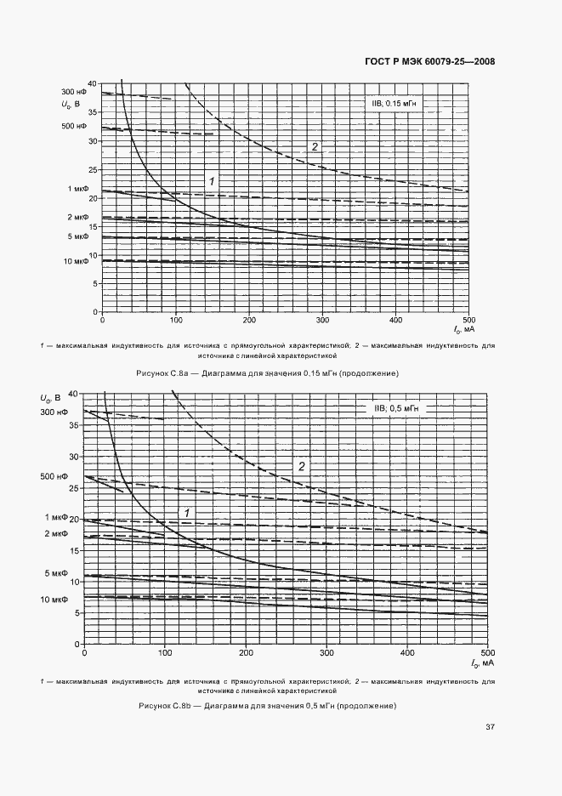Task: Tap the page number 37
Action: (490, 726)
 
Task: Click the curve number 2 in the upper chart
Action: (315, 147)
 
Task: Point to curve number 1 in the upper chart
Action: (213, 180)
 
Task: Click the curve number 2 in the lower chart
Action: (301, 466)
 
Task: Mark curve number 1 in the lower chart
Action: (186, 510)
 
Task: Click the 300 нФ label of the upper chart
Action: (74, 91)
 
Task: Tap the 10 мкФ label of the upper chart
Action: (76, 261)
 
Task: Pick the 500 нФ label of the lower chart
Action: (54, 477)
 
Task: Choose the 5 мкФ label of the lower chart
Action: (55, 575)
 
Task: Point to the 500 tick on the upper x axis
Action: (468, 320)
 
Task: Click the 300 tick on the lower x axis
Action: (327, 652)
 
